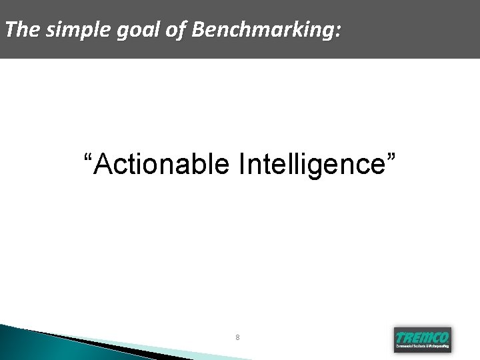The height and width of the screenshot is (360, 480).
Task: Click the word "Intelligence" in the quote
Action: coord(310,164)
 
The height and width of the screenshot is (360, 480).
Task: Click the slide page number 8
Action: coord(237,337)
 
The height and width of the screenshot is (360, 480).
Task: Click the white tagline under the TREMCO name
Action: coord(422,347)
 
